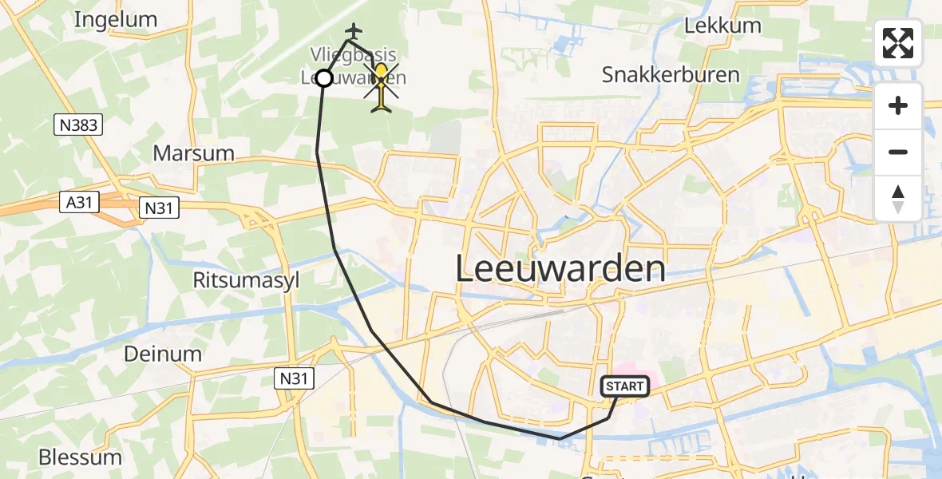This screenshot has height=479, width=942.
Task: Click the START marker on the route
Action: tap(624, 386)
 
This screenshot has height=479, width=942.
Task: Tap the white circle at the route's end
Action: tap(323, 78)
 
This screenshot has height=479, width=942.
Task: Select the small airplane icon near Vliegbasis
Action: tap(353, 30)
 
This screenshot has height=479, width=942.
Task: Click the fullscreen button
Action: tap(898, 43)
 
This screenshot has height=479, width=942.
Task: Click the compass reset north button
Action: tap(898, 199)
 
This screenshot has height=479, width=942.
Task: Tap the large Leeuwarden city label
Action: tap(560, 269)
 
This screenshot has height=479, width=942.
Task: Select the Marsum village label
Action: tap(193, 153)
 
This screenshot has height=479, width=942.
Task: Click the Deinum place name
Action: tap(163, 354)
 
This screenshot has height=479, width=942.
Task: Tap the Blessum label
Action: tap(81, 457)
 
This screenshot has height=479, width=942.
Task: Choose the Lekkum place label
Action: tap(722, 26)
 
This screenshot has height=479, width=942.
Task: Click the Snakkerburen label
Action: tap(671, 75)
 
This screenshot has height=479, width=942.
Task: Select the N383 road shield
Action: tap(78, 124)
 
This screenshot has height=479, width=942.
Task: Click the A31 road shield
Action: tap(78, 203)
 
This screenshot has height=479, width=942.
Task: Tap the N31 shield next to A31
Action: tap(159, 208)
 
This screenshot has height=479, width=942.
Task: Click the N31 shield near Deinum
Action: tap(295, 378)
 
